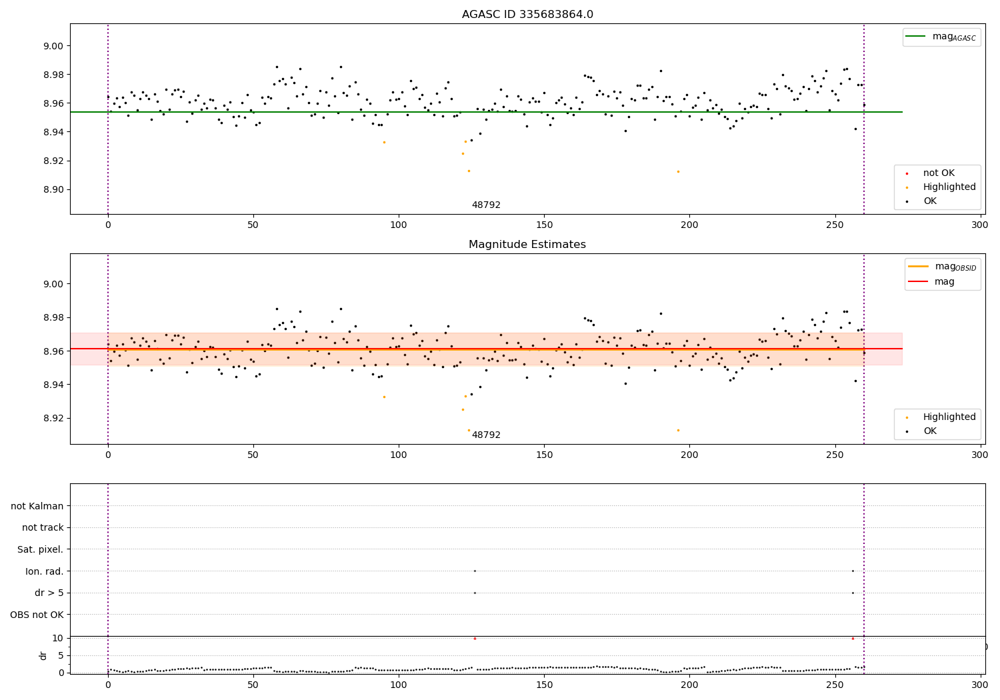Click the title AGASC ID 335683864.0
[x=527, y=15]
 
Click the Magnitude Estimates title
[x=527, y=245]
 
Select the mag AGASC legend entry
[x=941, y=37]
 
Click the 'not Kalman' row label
[x=37, y=506]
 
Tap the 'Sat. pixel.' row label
[x=40, y=550]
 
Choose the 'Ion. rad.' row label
[x=44, y=571]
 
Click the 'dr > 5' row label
[x=49, y=593]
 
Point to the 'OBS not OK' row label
[x=37, y=615]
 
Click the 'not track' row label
[x=43, y=528]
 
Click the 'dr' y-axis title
[x=43, y=655]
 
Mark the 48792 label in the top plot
[x=486, y=205]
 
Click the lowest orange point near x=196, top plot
[x=678, y=171]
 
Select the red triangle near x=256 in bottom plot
[x=853, y=638]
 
